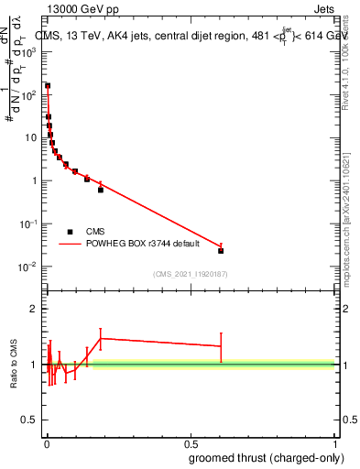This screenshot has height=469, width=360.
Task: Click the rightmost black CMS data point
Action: coord(221,250)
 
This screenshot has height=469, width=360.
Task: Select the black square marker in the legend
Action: coord(70,232)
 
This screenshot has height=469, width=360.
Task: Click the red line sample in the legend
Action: coord(70,244)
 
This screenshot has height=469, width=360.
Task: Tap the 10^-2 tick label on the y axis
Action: coord(30,267)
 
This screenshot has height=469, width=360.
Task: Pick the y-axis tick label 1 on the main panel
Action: coord(35,181)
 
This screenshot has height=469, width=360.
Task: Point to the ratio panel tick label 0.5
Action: coord(30,421)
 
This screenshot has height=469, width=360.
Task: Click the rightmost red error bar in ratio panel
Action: coord(221,346)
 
